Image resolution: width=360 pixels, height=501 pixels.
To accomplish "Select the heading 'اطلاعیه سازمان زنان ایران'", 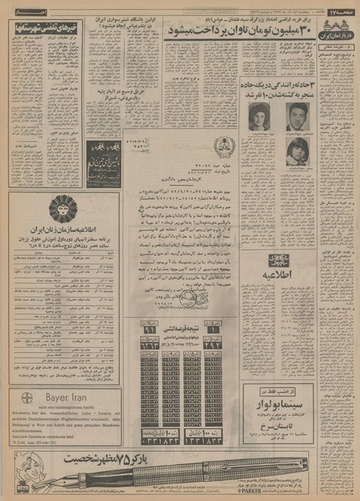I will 61,230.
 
